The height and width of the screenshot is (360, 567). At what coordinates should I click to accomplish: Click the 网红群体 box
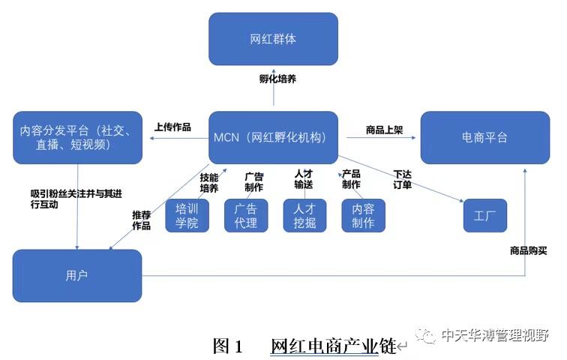(273, 39)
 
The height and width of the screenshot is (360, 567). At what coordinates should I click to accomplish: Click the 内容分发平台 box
(76, 137)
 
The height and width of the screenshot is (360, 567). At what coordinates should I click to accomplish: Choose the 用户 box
(76, 275)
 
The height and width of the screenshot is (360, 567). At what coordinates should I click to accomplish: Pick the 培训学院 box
(187, 215)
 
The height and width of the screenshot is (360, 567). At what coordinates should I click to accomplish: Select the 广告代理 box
(245, 215)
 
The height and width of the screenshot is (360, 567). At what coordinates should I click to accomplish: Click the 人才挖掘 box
(304, 215)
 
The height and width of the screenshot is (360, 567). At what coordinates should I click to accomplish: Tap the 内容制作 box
(363, 215)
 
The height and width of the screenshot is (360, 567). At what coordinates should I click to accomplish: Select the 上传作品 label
(172, 127)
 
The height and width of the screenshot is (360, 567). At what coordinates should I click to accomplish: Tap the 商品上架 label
(385, 130)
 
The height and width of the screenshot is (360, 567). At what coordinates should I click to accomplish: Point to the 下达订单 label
(403, 180)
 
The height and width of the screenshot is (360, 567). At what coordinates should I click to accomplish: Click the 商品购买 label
(529, 250)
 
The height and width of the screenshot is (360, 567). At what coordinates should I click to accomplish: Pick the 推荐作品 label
(142, 220)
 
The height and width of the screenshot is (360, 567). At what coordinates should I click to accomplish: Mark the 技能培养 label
(209, 183)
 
